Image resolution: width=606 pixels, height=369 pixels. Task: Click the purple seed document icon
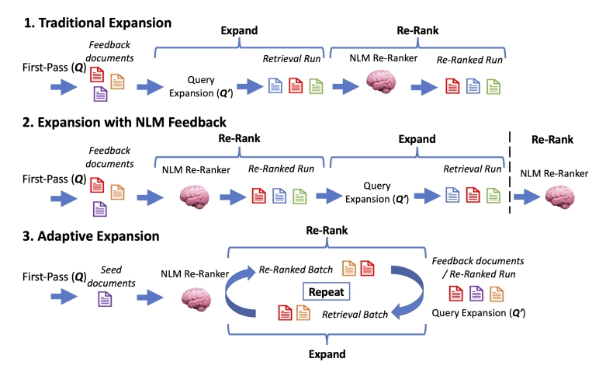[102, 295]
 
